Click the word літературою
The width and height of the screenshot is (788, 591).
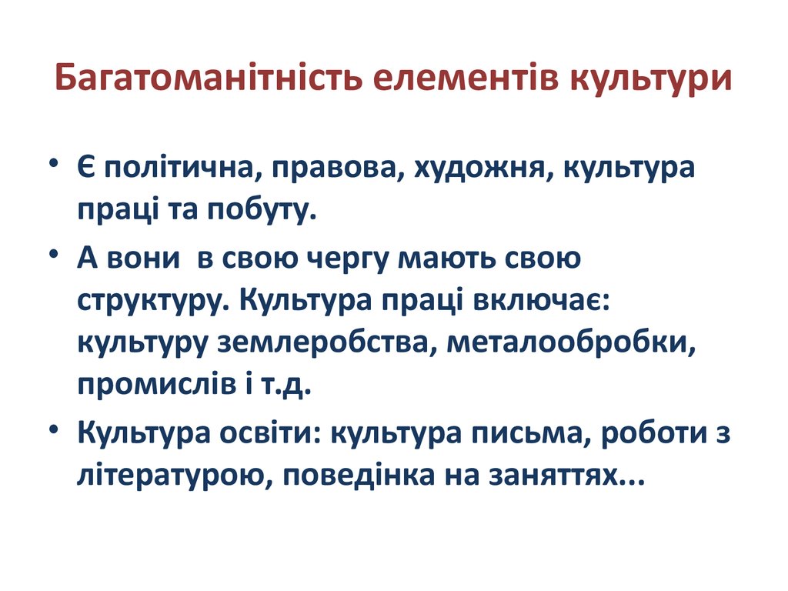[x=172, y=476]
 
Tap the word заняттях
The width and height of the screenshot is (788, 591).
[x=554, y=476]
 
